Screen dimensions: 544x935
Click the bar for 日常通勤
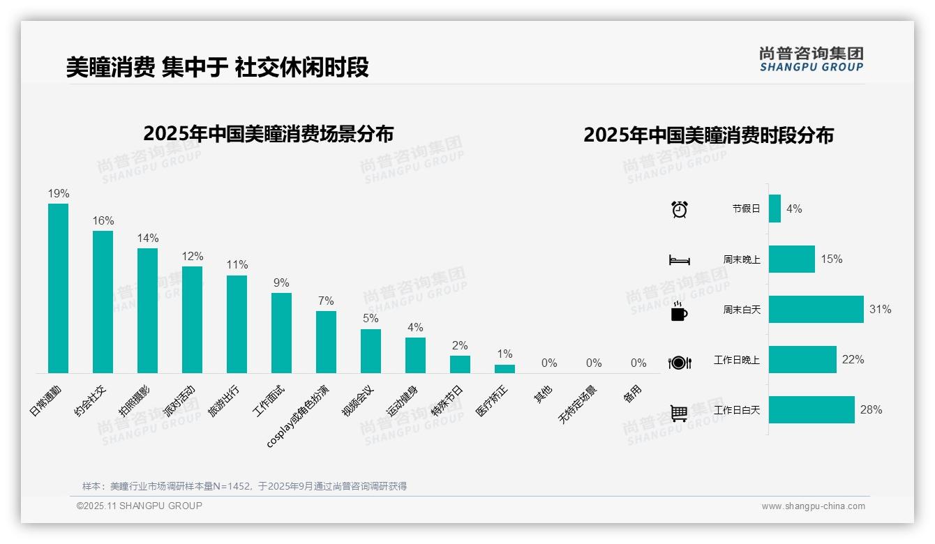click(x=58, y=288)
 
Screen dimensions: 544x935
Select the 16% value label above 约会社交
click(x=103, y=221)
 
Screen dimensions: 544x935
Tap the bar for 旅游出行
click(x=237, y=324)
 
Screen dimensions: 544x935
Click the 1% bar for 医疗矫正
click(x=504, y=369)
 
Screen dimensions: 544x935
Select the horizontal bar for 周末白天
click(x=816, y=309)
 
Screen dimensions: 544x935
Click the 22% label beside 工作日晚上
click(x=853, y=360)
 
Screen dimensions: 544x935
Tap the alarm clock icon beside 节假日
click(x=679, y=209)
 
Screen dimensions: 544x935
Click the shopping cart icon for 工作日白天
click(x=679, y=413)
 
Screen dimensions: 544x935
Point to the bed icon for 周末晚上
click(x=679, y=260)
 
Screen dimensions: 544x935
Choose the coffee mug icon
click(x=679, y=311)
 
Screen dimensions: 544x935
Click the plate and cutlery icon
click(x=679, y=362)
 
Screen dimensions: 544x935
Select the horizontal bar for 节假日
click(x=775, y=209)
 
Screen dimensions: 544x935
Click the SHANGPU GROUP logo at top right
click(x=811, y=59)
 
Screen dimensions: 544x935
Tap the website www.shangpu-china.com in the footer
click(x=813, y=506)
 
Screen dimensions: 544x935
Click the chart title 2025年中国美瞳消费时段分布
click(x=708, y=135)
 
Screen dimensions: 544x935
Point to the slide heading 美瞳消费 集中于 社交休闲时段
click(x=217, y=67)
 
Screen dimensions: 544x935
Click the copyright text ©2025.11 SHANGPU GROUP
click(x=140, y=506)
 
